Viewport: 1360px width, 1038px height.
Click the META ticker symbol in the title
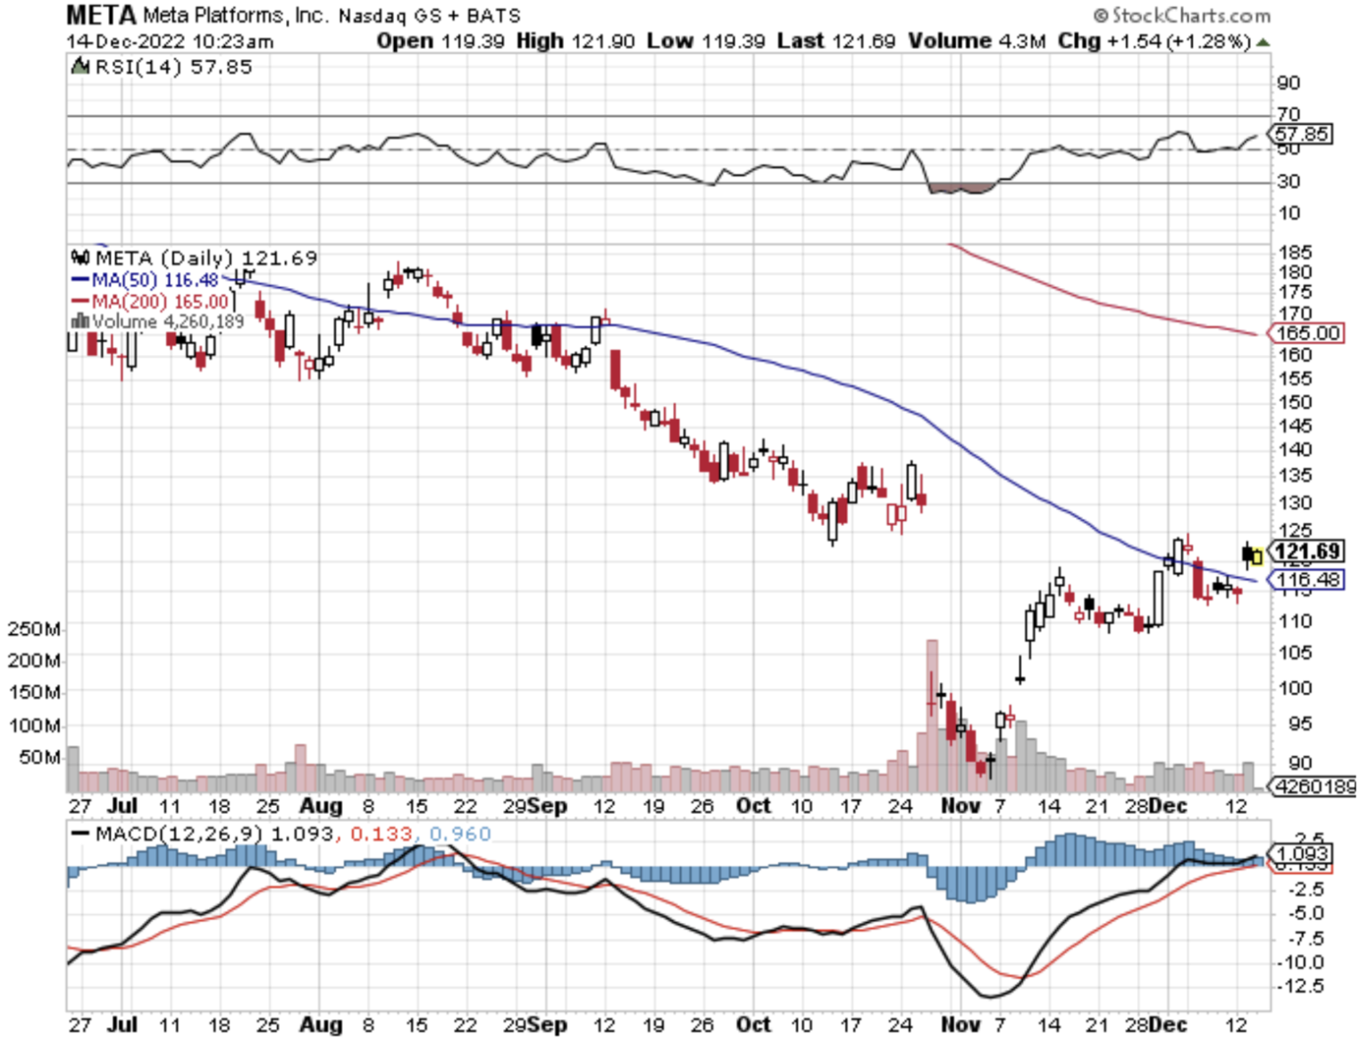tap(101, 15)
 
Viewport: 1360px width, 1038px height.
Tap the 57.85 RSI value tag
tap(1301, 135)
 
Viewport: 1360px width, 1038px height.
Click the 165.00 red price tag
tap(1308, 333)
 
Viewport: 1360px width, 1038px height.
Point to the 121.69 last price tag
tap(1307, 551)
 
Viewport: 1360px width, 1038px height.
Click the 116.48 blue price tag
tap(1308, 580)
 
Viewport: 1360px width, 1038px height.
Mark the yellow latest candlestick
tap(1256, 557)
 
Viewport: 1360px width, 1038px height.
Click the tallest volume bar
tap(931, 714)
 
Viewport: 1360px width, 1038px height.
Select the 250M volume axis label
tap(34, 630)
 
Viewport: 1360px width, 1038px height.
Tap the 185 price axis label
tap(1294, 252)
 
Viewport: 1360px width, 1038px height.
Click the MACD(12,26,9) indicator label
tap(180, 834)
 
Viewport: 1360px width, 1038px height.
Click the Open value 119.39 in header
tap(472, 41)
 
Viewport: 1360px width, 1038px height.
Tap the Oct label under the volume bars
tap(753, 806)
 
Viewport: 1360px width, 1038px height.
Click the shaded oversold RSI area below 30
tap(962, 188)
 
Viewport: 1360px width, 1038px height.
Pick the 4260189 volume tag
tap(1313, 786)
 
